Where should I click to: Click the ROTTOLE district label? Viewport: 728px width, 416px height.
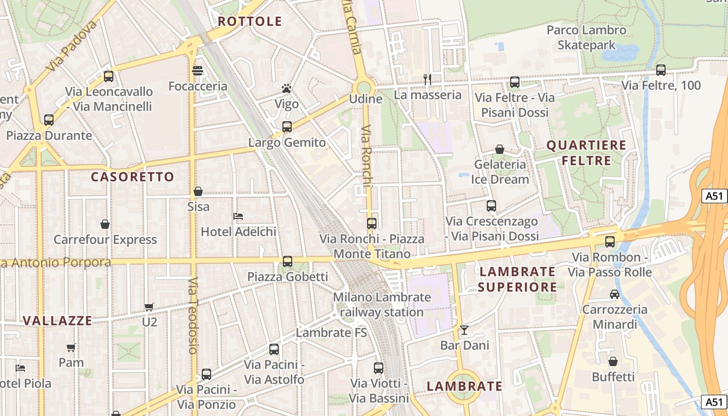(250, 21)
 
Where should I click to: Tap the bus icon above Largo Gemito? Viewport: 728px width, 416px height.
(287, 126)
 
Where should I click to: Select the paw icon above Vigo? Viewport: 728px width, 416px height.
(286, 88)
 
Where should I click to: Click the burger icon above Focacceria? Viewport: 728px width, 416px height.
(198, 71)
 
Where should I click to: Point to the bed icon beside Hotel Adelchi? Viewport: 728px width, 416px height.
(239, 216)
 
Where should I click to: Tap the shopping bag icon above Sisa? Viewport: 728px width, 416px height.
(198, 191)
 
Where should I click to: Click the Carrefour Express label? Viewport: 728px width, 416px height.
(105, 240)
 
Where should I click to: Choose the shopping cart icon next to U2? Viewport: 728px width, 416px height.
(149, 307)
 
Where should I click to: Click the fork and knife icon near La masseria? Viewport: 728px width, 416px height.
(427, 79)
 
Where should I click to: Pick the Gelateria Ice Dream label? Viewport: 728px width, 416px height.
(500, 172)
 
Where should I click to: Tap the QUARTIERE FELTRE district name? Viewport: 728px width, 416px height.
(587, 153)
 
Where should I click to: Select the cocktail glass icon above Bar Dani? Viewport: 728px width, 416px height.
(464, 330)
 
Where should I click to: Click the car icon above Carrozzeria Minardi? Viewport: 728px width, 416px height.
(614, 294)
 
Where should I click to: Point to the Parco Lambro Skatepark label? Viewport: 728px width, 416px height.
(587, 37)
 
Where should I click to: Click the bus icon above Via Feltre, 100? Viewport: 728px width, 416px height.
(661, 70)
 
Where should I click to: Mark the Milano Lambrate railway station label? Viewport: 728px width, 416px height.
(382, 305)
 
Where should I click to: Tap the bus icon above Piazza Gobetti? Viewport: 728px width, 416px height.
(287, 262)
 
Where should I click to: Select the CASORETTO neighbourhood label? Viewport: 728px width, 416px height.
(133, 177)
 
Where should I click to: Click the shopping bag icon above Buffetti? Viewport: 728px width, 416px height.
(613, 361)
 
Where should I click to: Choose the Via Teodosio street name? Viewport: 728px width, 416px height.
(193, 316)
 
